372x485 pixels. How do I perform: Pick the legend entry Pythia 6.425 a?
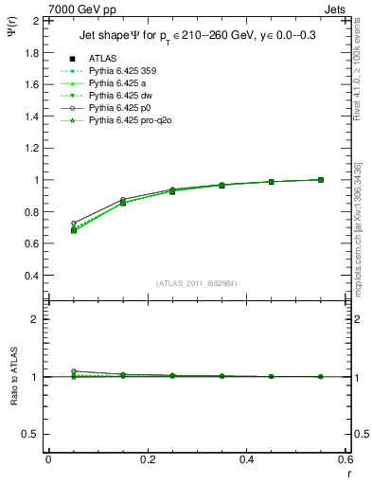(121, 82)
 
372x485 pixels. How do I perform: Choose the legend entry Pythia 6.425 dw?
(123, 96)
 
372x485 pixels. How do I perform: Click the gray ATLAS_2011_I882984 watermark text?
(196, 283)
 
